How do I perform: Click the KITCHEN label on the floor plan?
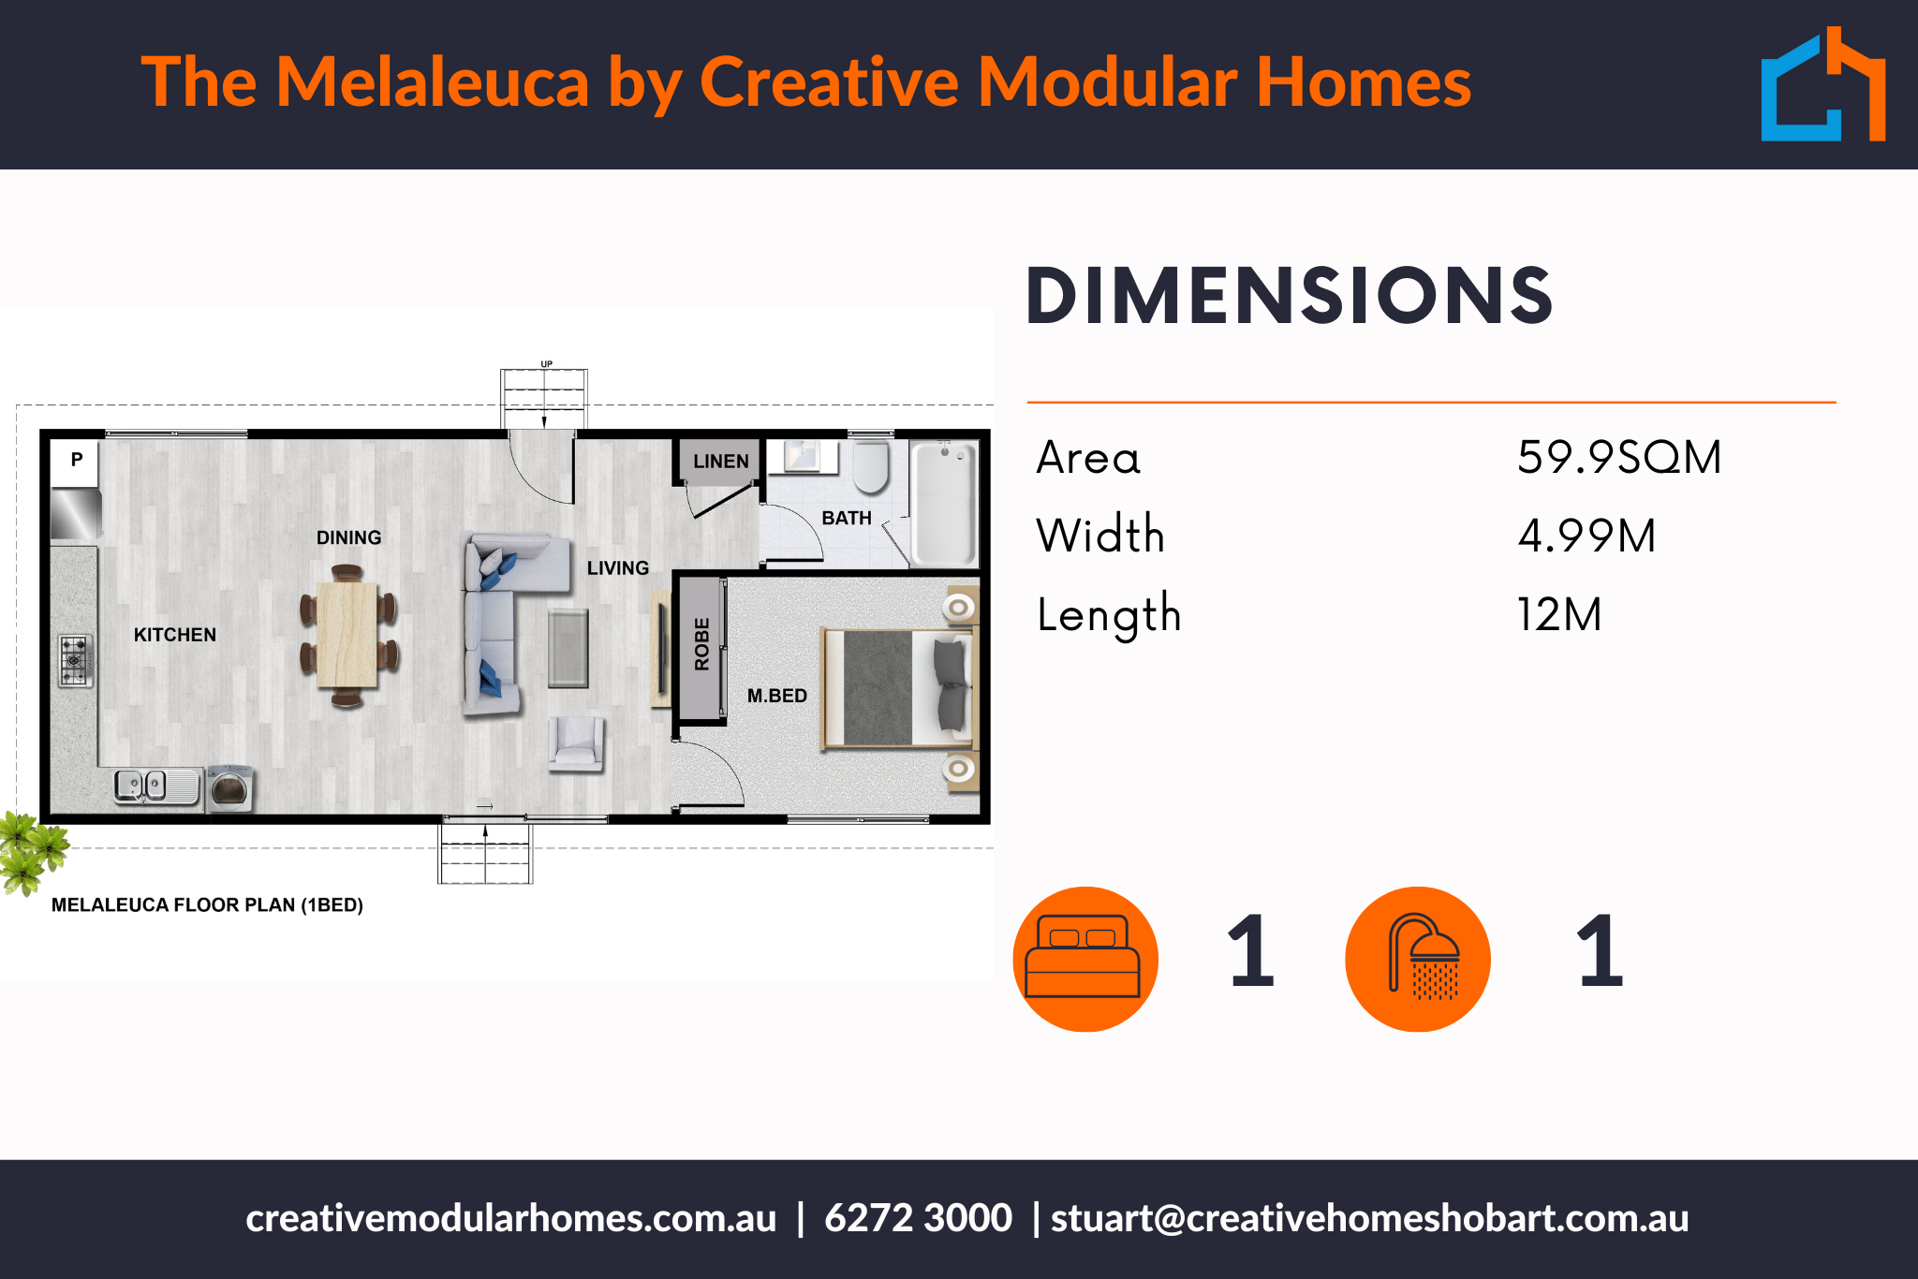click(175, 635)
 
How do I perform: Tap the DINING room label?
click(349, 537)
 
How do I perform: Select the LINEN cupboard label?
click(721, 462)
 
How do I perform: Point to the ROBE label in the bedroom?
click(702, 644)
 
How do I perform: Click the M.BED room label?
click(777, 696)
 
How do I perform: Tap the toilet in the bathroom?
click(871, 466)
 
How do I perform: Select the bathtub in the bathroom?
click(944, 503)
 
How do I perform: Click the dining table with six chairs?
click(348, 636)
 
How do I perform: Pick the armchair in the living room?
click(577, 743)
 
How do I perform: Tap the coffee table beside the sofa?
click(568, 648)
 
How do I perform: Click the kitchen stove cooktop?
click(75, 660)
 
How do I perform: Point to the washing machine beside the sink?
click(230, 788)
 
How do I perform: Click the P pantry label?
click(77, 459)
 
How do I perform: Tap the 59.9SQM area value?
click(1619, 457)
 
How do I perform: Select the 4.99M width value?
click(1586, 536)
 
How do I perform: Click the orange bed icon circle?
click(1085, 959)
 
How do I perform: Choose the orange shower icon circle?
click(1418, 959)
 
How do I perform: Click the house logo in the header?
click(1823, 84)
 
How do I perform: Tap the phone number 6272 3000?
click(918, 1218)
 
